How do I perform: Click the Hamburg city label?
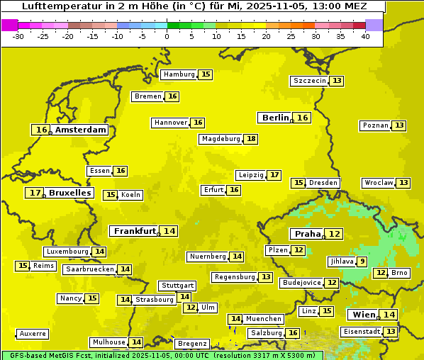(179, 74)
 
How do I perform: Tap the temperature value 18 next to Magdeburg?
(251, 139)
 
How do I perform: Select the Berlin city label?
(275, 118)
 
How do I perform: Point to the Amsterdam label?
(81, 130)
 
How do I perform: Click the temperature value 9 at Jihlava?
(362, 261)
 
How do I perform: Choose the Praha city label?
(308, 234)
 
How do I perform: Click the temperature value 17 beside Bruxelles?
(35, 193)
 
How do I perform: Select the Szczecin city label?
(310, 81)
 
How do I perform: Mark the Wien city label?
(362, 315)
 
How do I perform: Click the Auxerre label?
(33, 334)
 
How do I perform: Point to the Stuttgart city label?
(177, 286)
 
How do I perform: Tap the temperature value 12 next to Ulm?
(190, 308)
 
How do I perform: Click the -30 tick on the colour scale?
(18, 35)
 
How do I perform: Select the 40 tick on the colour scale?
(364, 35)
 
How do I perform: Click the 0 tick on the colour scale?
(167, 35)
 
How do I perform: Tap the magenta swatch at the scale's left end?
(9, 25)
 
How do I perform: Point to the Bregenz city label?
(192, 344)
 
